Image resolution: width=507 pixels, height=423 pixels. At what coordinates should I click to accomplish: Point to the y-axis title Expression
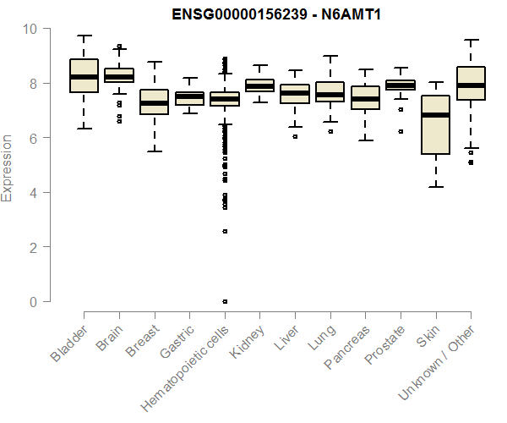coord(8,168)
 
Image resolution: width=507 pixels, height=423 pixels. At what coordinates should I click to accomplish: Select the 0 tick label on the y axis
coord(33,302)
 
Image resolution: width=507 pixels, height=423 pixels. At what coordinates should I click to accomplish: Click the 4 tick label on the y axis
coord(33,193)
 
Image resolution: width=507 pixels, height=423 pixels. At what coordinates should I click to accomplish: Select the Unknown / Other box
coord(471,83)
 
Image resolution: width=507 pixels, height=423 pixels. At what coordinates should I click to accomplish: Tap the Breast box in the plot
coord(154,102)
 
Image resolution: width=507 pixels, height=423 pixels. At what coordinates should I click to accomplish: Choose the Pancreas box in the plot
coord(365,97)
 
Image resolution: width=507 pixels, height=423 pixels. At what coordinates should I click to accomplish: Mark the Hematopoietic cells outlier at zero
coord(224,301)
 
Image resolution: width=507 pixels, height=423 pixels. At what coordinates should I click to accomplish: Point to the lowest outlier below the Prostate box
coord(401,132)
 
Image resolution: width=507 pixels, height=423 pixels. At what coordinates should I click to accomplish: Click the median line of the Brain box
coord(118,77)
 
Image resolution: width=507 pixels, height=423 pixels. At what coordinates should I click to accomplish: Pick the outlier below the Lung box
coord(330,132)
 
